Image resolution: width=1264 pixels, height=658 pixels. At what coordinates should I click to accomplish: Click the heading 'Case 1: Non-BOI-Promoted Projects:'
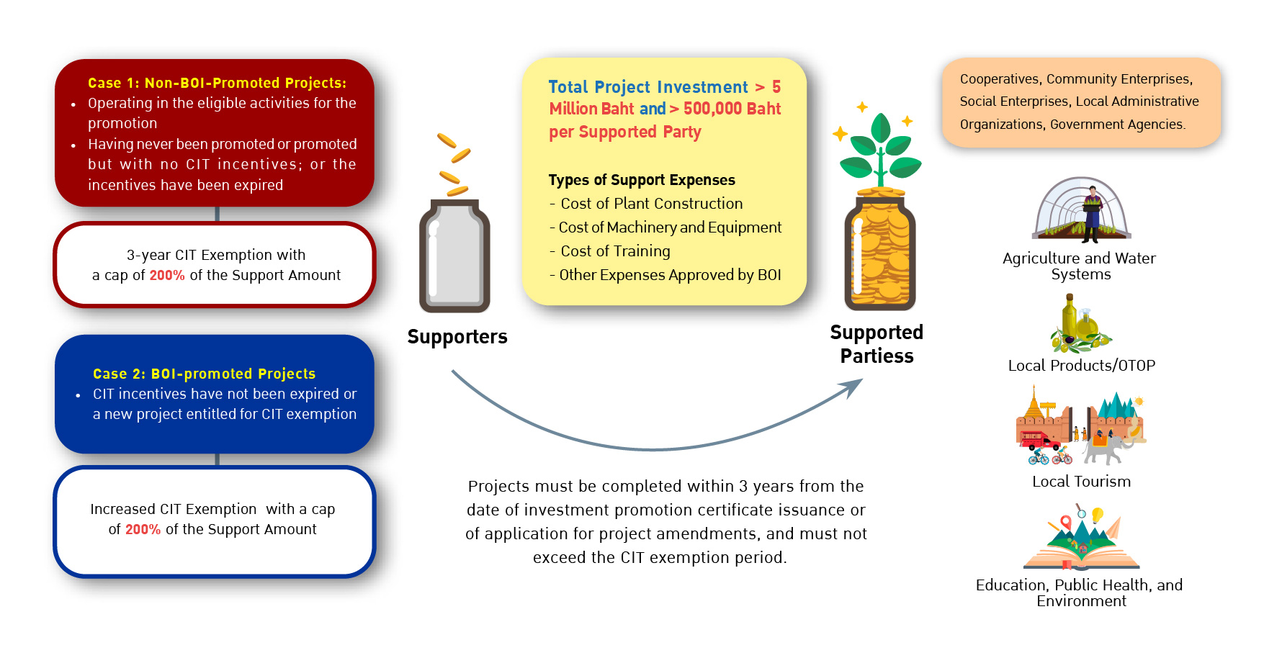pos(217,83)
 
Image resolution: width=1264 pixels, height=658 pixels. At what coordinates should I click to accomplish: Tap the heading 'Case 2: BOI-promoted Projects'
pos(204,374)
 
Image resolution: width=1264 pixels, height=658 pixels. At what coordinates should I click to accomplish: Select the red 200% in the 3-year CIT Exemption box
pos(167,275)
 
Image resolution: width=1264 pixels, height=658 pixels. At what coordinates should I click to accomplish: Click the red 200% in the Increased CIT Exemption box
pos(143,529)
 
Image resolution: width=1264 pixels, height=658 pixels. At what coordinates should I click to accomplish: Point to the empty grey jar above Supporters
pos(454,256)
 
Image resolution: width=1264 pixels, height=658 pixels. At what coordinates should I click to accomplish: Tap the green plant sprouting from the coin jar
pos(880,151)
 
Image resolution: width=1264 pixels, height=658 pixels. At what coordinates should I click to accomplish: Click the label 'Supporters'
pos(457,337)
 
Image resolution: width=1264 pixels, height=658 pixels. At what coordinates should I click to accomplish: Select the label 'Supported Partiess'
pos(877,344)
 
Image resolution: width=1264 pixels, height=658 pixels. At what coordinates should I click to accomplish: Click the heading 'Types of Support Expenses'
pos(642,180)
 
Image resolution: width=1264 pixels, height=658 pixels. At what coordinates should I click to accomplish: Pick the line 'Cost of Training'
pos(615,251)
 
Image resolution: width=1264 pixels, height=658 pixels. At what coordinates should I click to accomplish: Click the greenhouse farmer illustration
pos(1081,210)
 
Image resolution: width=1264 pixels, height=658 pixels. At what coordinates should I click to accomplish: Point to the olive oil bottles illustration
pos(1080,324)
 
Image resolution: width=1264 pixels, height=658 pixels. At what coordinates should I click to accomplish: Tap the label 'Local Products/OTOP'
pos(1082,366)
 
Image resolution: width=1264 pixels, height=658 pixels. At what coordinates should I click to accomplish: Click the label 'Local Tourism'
pos(1082,482)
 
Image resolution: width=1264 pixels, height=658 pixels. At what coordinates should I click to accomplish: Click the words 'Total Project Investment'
pos(648,87)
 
